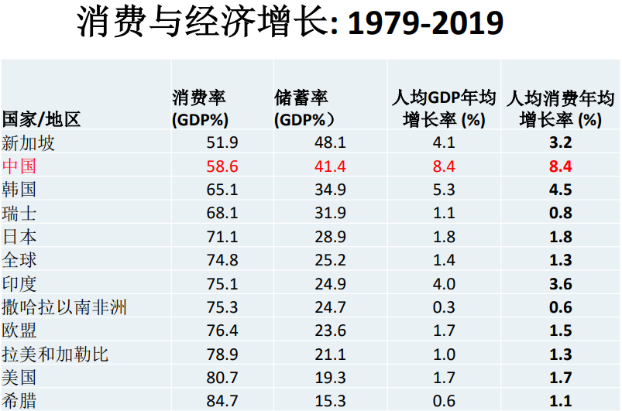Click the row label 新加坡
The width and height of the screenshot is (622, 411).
[x=28, y=142]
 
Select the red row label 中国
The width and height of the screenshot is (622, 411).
[x=19, y=166]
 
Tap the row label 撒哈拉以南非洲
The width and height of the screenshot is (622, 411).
[x=64, y=307]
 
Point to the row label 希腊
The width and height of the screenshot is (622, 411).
[x=19, y=401]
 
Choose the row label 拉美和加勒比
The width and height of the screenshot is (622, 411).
[x=55, y=354]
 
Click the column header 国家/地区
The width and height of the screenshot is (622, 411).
[x=41, y=119]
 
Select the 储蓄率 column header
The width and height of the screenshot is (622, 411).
[x=304, y=108]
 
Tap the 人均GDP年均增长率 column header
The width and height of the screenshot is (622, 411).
[x=444, y=108]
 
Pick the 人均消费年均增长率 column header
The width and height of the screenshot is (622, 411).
[x=561, y=108]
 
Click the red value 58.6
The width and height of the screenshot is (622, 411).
[x=222, y=166]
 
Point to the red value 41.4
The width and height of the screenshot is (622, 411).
[x=330, y=166]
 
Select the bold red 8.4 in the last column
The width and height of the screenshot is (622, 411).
[x=561, y=166]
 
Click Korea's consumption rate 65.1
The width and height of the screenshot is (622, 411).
[x=222, y=190]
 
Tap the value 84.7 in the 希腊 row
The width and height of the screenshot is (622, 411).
[x=222, y=401]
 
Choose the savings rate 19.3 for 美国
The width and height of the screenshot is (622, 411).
[x=330, y=378]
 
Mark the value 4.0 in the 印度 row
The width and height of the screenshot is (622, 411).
[x=444, y=284]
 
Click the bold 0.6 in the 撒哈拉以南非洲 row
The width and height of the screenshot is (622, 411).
[x=561, y=307]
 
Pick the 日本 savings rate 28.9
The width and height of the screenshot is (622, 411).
[x=330, y=237]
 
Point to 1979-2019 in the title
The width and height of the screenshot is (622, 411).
[x=426, y=22]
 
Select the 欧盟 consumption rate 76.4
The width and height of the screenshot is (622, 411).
[x=222, y=331]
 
